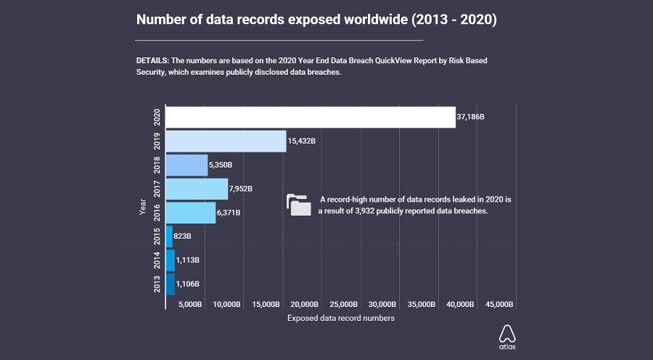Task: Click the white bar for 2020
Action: point(311,118)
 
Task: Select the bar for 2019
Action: point(226,141)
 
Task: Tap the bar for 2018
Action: point(187,165)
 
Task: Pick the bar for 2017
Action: point(197,189)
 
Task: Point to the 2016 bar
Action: point(191,213)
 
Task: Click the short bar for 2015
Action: point(170,237)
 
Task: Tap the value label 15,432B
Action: point(302,141)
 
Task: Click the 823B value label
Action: point(182,237)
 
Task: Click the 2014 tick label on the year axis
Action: point(157,260)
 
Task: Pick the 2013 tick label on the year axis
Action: point(157,284)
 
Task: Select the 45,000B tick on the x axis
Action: point(499,304)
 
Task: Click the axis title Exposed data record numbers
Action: point(341,319)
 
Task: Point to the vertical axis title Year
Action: point(143,208)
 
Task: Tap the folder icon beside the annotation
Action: point(298,205)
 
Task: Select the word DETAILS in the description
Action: point(152,60)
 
